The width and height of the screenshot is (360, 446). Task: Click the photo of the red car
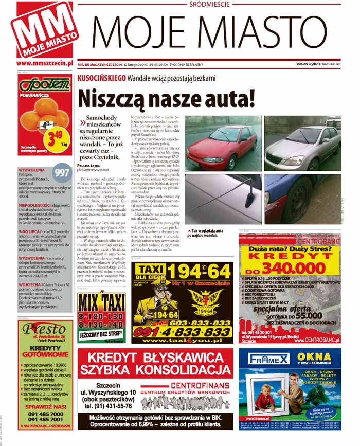click(x=222, y=146)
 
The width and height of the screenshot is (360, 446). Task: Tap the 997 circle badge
click(x=62, y=173)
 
